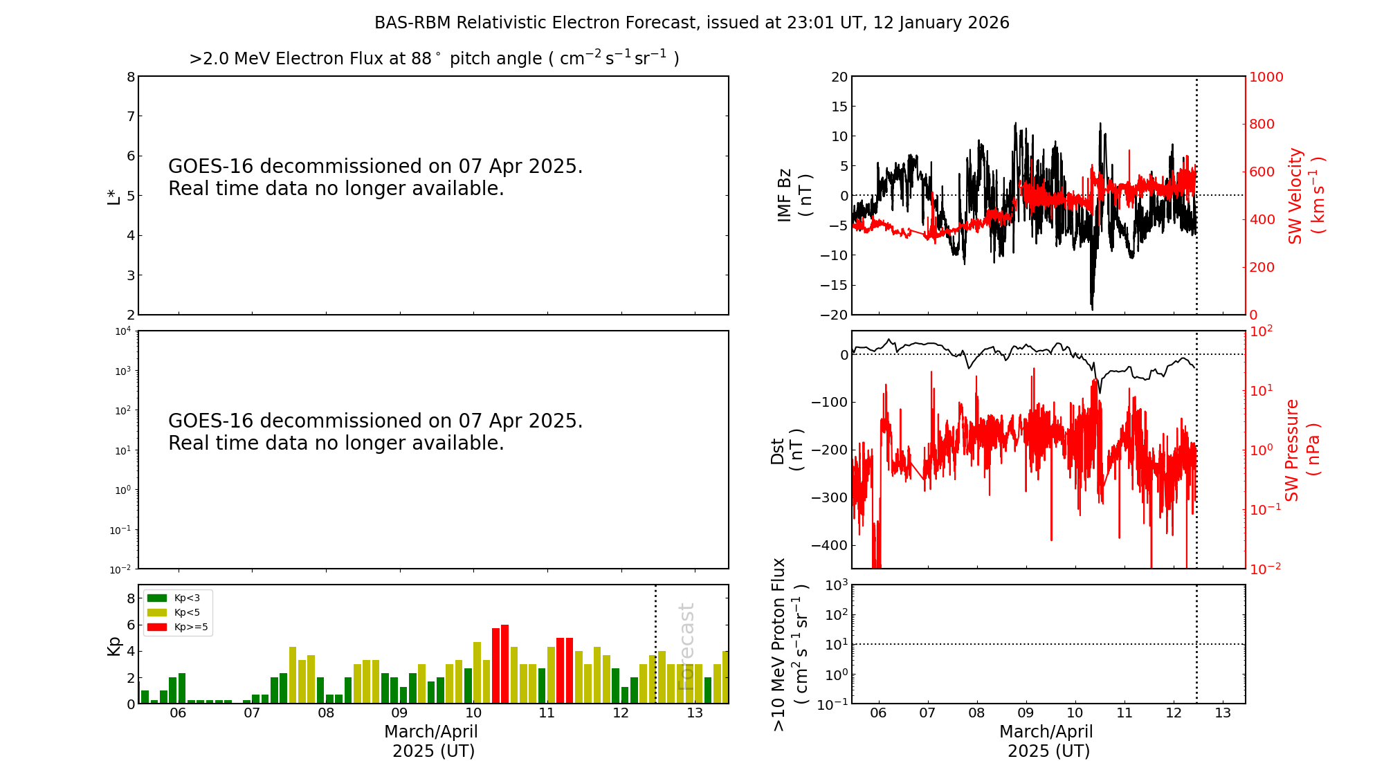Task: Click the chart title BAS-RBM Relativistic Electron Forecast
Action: (x=691, y=23)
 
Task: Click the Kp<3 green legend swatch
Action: (x=157, y=598)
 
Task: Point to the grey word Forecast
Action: (x=686, y=646)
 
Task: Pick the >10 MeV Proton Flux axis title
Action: (x=790, y=644)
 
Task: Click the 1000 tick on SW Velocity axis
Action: (x=1266, y=77)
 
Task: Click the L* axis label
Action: (x=113, y=195)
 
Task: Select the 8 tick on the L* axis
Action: (x=130, y=77)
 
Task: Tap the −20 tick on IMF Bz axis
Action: (x=834, y=315)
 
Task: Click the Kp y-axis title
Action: (x=113, y=646)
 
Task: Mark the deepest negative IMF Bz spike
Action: (x=1092, y=307)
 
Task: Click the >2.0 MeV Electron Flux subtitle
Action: (x=434, y=58)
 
